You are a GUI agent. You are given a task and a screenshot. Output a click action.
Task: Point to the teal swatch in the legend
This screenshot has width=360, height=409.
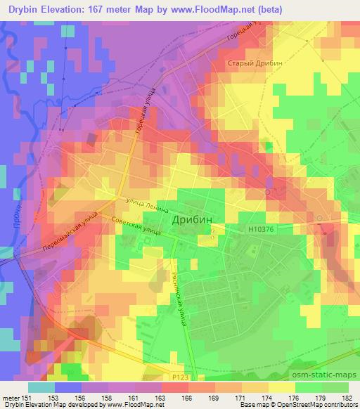tap(41, 387)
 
